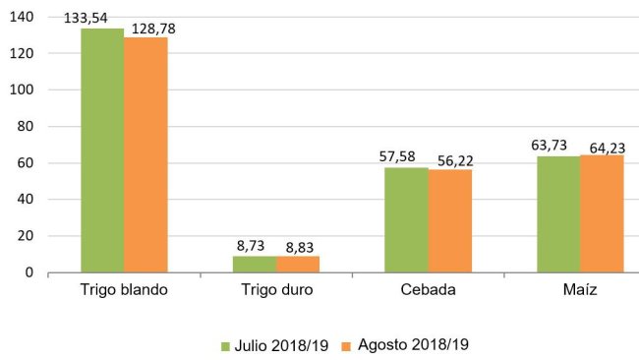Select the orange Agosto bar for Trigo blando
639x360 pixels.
point(145,154)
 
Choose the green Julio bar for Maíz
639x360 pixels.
point(558,214)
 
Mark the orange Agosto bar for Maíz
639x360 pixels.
point(602,213)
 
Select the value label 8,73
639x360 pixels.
point(254,245)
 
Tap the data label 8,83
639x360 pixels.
point(300,245)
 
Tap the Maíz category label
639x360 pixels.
point(580,291)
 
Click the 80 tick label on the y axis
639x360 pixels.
point(26,127)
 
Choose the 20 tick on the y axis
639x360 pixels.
point(26,236)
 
